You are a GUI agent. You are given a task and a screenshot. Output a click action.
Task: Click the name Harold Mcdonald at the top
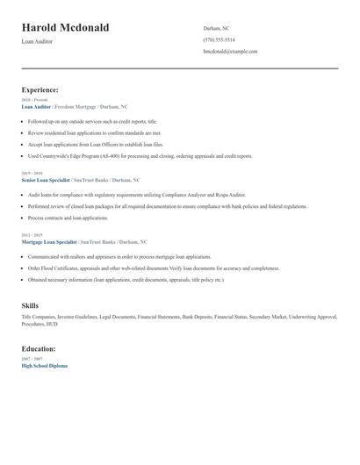tap(65, 28)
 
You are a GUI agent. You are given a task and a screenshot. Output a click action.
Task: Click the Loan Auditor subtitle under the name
tap(37, 41)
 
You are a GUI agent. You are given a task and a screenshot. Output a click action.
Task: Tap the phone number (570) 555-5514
tap(219, 39)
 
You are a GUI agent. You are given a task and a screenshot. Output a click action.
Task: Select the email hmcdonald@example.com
tap(230, 51)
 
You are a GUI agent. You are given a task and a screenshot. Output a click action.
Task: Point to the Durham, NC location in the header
tap(216, 28)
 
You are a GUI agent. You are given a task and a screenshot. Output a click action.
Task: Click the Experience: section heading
tap(40, 89)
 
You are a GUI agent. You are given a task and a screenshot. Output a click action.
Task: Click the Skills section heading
tap(30, 305)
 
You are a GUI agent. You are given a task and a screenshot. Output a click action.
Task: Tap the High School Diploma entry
tap(44, 365)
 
